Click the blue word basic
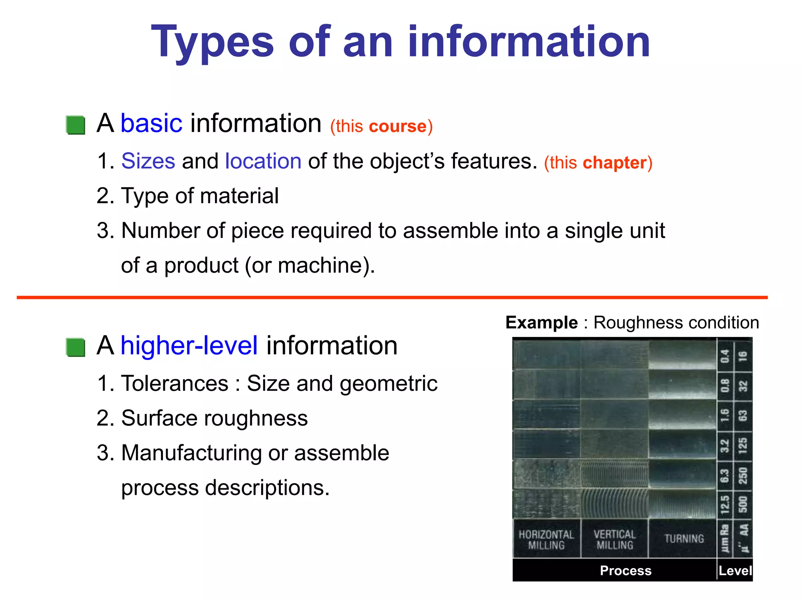coord(151,124)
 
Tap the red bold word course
coord(397,126)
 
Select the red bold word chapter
coord(615,163)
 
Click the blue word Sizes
coord(148,161)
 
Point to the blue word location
coord(263,161)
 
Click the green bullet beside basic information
coord(76,125)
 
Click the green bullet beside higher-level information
coord(76,347)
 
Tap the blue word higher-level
coord(189,346)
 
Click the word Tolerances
coord(175,383)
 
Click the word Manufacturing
coord(191,453)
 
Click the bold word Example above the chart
coord(542,323)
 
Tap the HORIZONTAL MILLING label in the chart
coord(546,540)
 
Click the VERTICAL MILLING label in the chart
coord(614,540)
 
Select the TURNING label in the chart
coord(684,539)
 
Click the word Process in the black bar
coord(625,571)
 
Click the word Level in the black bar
coord(735,571)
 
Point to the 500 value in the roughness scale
coord(742,504)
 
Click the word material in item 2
coord(239,196)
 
